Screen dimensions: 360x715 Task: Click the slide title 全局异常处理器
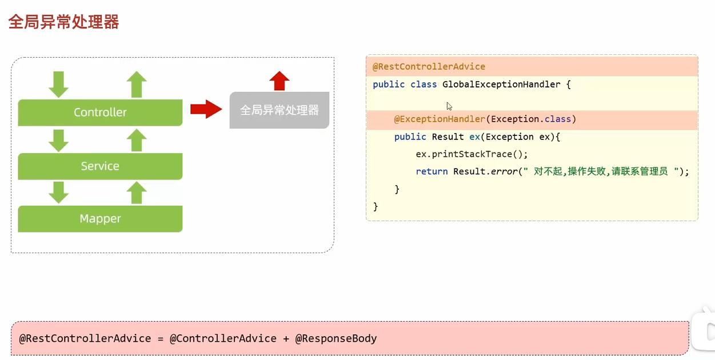click(x=63, y=22)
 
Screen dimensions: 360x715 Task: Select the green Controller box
click(x=100, y=113)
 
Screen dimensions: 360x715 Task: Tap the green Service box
click(x=100, y=166)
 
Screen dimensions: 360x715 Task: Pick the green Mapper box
click(x=100, y=219)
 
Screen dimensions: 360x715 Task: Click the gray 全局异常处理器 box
click(x=279, y=110)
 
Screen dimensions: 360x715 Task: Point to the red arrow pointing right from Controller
click(x=205, y=109)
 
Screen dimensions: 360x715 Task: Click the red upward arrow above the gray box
click(x=279, y=81)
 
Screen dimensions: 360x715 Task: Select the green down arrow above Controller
click(x=58, y=84)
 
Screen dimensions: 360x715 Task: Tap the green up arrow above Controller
click(x=137, y=84)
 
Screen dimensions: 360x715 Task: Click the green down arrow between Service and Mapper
click(x=58, y=193)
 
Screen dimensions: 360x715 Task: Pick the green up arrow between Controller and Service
click(x=137, y=140)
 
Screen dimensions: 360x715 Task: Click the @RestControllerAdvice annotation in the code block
click(x=429, y=67)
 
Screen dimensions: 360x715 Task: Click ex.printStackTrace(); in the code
click(x=472, y=154)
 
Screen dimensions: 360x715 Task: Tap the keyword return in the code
click(x=432, y=171)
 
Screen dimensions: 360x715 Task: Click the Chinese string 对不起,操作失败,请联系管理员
click(x=601, y=171)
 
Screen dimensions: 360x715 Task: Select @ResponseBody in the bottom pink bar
click(x=336, y=338)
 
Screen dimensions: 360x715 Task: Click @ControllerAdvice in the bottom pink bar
click(x=223, y=338)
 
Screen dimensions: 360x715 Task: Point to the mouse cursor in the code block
click(x=449, y=106)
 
